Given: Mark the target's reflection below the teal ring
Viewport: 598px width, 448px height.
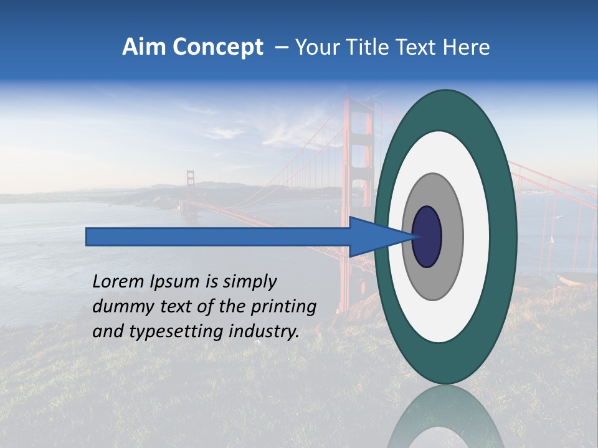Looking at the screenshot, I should point(445,420).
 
